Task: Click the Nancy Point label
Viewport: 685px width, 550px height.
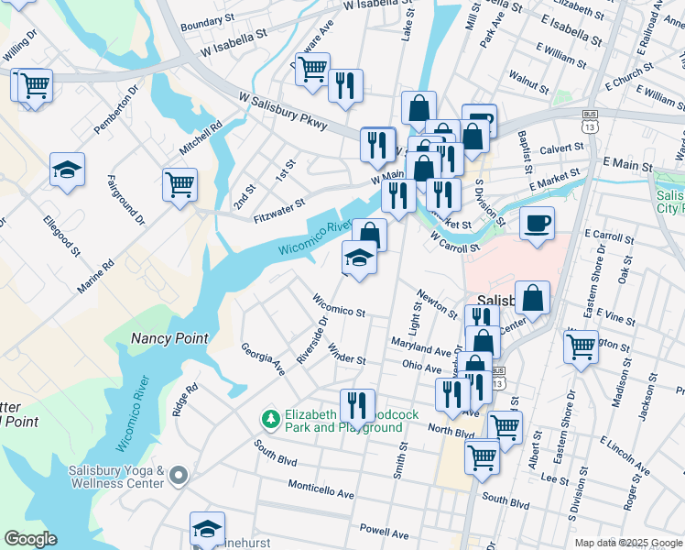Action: (x=169, y=338)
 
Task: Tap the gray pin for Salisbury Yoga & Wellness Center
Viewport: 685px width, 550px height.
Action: (x=179, y=475)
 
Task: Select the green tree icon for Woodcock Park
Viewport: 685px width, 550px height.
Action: (x=269, y=419)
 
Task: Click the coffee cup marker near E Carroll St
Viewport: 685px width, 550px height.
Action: (x=537, y=222)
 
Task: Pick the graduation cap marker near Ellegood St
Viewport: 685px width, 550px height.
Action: (x=67, y=169)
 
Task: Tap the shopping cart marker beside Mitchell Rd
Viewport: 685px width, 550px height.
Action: (x=179, y=183)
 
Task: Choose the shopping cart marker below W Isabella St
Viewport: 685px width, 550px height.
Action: (x=312, y=67)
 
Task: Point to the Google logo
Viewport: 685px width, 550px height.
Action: (x=29, y=539)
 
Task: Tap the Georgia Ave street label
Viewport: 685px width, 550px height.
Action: (x=263, y=358)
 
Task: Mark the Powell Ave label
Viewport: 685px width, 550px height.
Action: (x=385, y=533)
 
